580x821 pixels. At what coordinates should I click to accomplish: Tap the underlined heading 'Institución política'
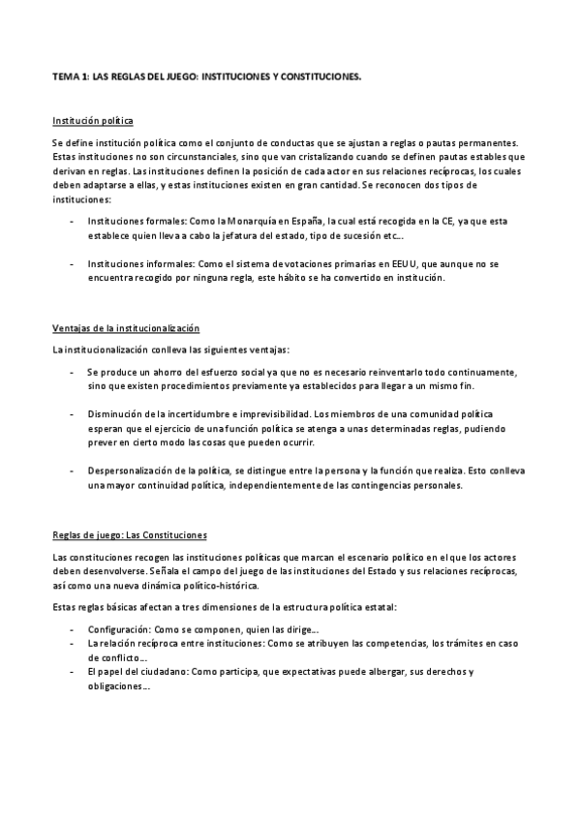(x=92, y=121)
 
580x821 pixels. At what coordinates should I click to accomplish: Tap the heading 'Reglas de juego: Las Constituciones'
(x=130, y=535)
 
